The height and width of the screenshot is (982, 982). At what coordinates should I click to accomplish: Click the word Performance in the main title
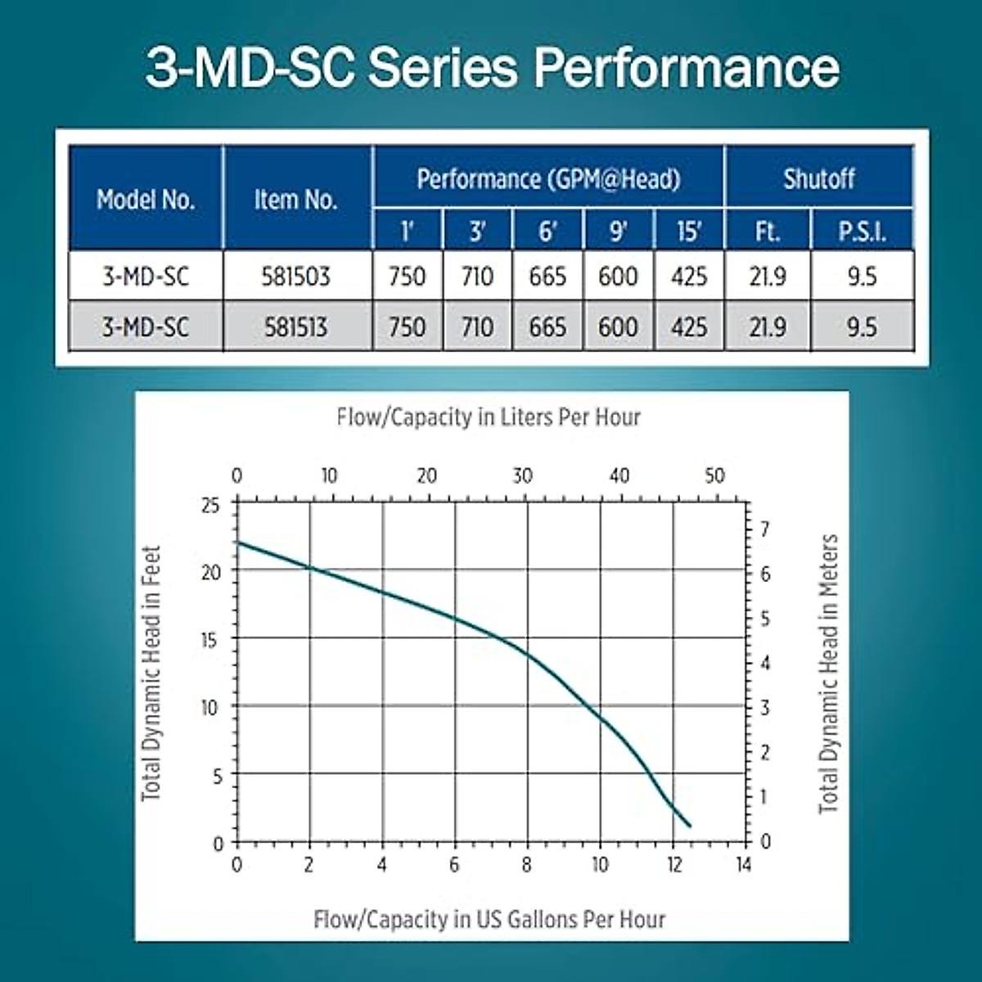(686, 67)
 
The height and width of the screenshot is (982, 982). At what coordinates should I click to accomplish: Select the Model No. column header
(146, 199)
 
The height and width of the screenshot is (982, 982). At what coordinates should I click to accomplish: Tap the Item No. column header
(295, 199)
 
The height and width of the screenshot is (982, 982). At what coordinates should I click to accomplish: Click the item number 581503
(295, 277)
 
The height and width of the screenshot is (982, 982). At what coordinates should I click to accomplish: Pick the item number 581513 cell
(295, 327)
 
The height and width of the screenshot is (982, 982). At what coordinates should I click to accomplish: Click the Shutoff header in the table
(818, 178)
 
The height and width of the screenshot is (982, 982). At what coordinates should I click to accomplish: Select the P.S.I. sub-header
(862, 232)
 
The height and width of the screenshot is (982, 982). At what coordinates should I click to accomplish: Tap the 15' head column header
(689, 232)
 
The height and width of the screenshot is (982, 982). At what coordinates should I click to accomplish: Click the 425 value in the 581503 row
(689, 277)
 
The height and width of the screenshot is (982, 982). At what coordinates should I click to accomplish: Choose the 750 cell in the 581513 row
(407, 327)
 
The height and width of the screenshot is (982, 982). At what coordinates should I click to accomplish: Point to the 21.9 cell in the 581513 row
(767, 327)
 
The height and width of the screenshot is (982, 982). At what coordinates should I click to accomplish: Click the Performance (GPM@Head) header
(548, 178)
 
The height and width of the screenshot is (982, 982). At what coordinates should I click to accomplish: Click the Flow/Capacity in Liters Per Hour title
(489, 417)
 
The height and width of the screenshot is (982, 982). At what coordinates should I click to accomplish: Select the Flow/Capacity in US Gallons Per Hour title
(489, 919)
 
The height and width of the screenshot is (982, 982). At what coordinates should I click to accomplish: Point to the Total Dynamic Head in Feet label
(151, 673)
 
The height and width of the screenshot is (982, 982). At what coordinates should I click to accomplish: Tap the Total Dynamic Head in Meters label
(829, 673)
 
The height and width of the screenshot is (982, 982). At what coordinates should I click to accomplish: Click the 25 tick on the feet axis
(210, 506)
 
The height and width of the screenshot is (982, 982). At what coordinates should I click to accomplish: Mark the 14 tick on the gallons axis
(742, 864)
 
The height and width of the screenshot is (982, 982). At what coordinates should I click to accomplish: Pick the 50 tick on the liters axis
(714, 475)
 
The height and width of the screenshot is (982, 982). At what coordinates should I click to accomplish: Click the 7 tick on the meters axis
(765, 529)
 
